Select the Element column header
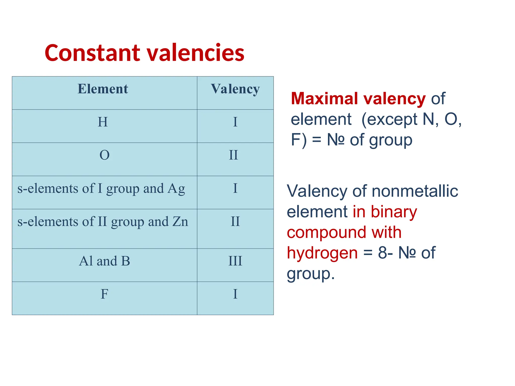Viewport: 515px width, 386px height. (103, 89)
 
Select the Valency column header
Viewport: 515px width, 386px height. (235, 89)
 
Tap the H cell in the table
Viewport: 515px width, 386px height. (103, 122)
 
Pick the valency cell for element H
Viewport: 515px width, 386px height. (235, 122)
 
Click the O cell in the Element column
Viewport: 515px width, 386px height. (104, 155)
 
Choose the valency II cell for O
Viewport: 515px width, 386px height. (233, 155)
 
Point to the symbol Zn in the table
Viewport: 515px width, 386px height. (180, 222)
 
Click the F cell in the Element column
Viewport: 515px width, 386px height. (104, 294)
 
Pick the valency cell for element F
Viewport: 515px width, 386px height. (235, 294)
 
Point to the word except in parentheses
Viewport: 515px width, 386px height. (393, 119)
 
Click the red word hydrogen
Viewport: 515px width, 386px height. (322, 253)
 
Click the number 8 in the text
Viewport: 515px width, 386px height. (382, 253)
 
